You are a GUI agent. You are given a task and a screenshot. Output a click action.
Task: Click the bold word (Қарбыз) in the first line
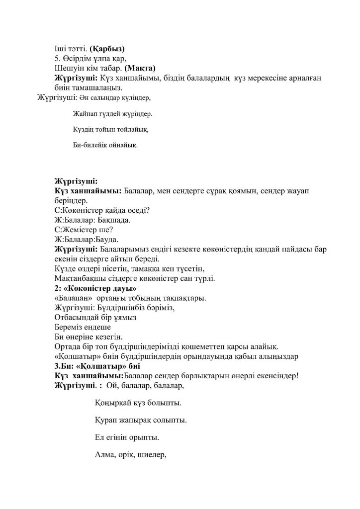(107, 49)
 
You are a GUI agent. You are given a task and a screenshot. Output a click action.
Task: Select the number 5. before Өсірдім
(58, 59)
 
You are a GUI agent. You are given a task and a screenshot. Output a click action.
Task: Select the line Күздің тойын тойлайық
(110, 130)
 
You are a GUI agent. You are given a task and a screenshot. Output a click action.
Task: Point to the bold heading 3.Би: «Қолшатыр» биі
(97, 365)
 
